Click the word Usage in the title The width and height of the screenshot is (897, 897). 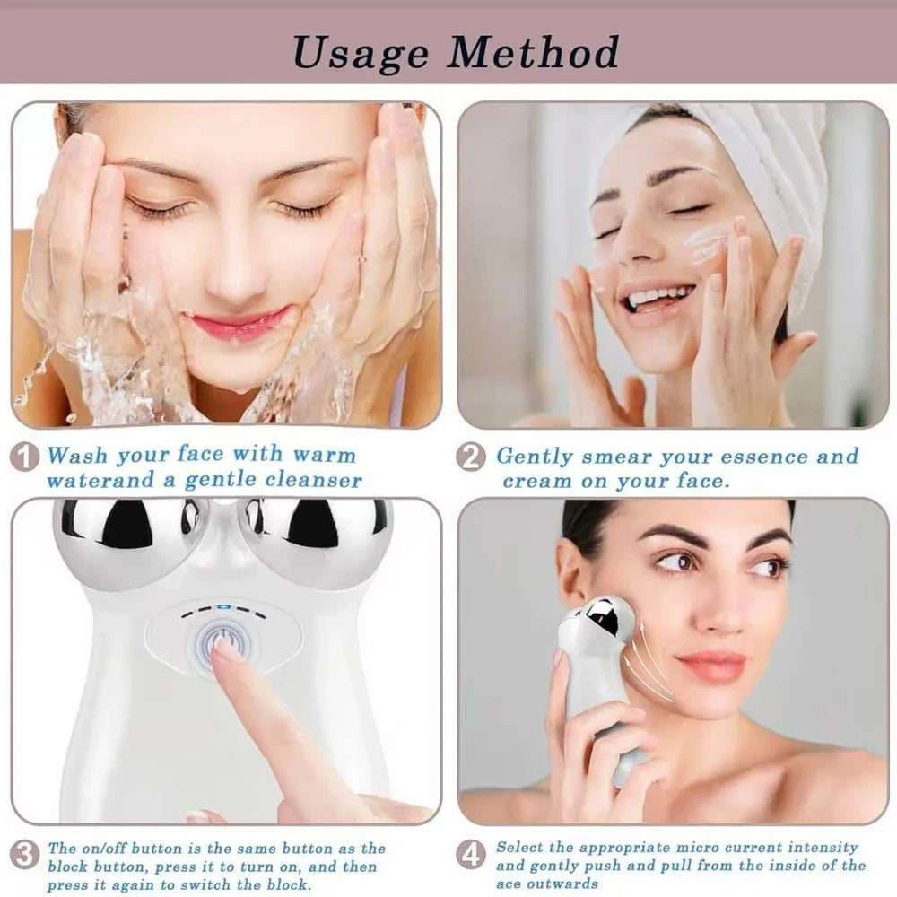coord(361,53)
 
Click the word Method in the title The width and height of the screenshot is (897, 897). coord(534,53)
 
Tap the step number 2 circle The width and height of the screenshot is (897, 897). coord(471,457)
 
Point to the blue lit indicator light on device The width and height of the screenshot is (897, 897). coord(223,607)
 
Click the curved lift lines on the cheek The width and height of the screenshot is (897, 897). coord(655,664)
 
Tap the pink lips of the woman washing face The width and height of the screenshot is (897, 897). coord(239,324)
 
